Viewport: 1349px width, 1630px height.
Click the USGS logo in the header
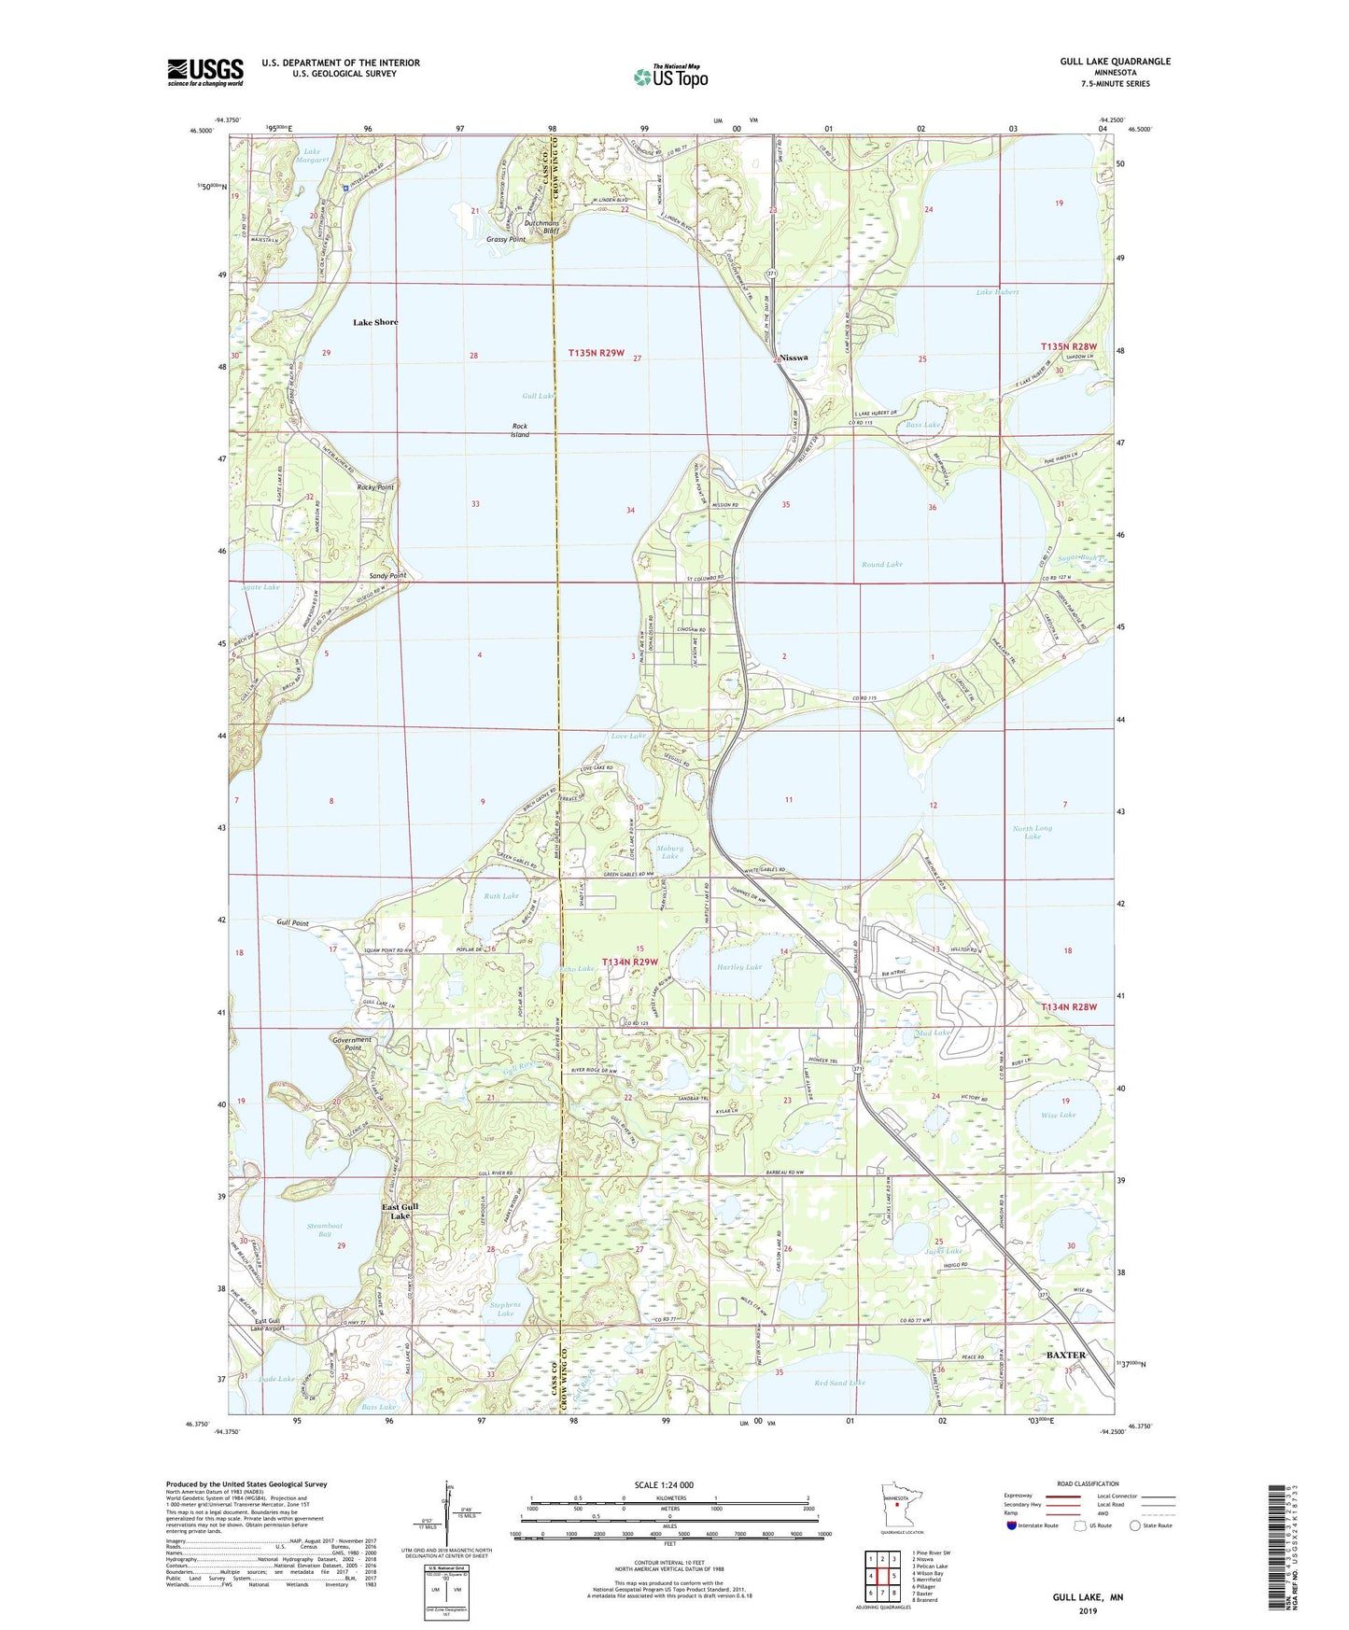[x=204, y=72]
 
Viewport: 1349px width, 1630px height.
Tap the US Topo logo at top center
[x=669, y=77]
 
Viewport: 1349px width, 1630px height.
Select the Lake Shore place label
[x=375, y=322]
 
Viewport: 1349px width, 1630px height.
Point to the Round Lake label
[x=881, y=564]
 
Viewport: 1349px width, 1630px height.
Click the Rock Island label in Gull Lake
[x=520, y=430]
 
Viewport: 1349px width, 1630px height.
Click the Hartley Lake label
[x=739, y=967]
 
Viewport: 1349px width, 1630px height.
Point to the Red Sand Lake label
[x=839, y=1383]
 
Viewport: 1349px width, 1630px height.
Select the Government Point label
[x=352, y=1044]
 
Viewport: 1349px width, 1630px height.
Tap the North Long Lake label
[x=1032, y=832]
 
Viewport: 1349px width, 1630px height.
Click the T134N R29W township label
[x=630, y=962]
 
